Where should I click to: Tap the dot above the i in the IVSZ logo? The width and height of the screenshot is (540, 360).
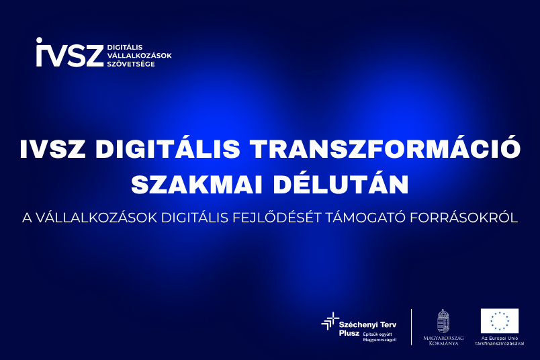(39, 40)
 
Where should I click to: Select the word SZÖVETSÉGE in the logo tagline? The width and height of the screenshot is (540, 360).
(131, 64)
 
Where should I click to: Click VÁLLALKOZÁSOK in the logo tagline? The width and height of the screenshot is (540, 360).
(139, 56)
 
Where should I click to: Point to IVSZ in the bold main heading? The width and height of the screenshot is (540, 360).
(52, 149)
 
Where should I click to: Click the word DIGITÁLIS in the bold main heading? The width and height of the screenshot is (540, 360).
(168, 148)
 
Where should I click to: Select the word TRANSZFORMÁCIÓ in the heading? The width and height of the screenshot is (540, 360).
(386, 148)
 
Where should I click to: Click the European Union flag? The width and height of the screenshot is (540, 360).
(499, 321)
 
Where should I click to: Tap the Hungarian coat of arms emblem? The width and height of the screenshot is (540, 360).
(443, 321)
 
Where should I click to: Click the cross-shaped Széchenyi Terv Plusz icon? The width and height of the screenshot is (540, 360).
(330, 321)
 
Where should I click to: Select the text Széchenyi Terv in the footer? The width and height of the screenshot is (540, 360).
(367, 324)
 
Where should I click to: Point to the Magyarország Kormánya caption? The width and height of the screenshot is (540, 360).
(443, 341)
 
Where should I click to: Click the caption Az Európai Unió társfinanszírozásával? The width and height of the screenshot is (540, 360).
(500, 341)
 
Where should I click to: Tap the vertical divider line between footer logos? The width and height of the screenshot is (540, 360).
(412, 327)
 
